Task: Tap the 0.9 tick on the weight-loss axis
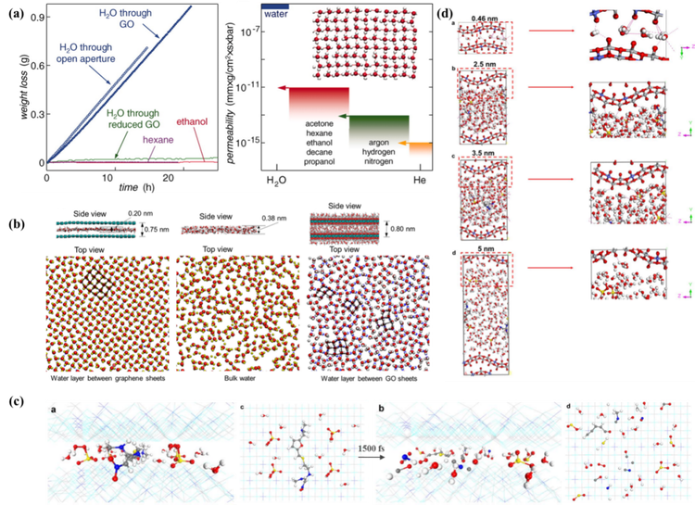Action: pos(32,17)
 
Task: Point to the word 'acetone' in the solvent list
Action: pos(317,121)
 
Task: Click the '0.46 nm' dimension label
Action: pos(484,18)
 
